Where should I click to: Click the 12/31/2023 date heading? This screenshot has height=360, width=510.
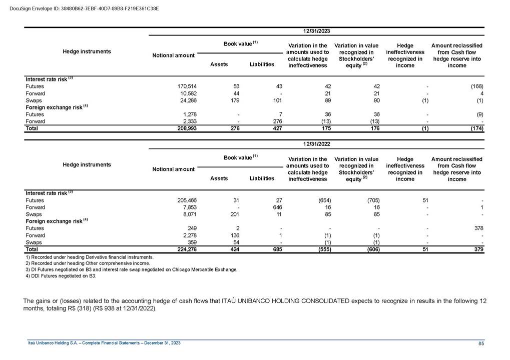point(316,30)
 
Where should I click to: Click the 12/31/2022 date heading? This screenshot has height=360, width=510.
point(316,144)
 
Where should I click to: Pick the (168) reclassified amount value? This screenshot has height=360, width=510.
point(476,86)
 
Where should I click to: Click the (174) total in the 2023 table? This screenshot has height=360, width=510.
point(476,128)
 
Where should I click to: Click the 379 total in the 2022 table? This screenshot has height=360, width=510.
point(477,249)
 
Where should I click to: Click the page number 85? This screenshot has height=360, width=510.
point(481,343)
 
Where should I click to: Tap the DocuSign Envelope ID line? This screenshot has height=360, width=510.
point(84,8)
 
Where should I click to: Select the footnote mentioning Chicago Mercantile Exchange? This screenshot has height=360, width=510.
point(131,269)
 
